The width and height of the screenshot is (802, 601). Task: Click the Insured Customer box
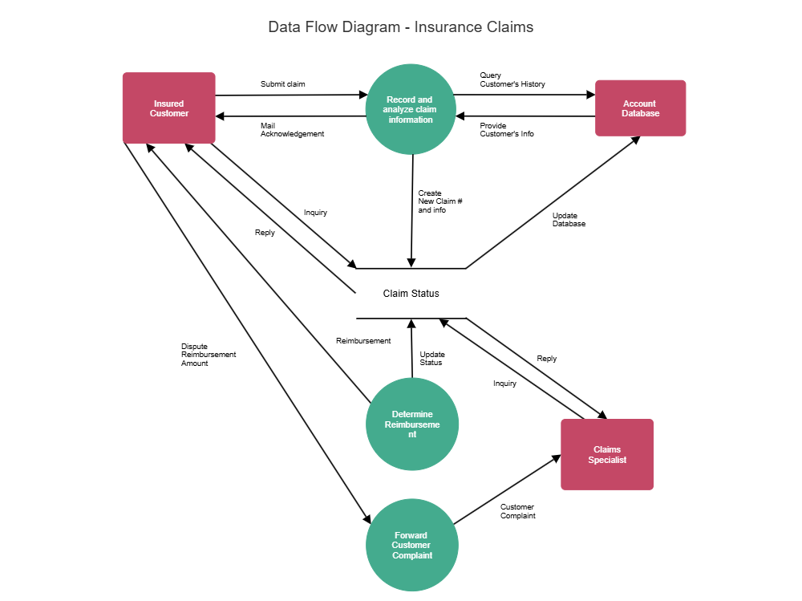(x=168, y=108)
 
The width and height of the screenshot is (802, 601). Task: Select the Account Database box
(x=640, y=108)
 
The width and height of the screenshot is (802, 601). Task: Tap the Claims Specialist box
(x=607, y=454)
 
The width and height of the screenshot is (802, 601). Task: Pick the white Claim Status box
(x=411, y=294)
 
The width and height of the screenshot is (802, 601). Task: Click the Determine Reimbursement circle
(x=412, y=424)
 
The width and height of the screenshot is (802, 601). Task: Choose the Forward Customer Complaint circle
(x=412, y=546)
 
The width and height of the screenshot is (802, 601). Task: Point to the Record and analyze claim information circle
(x=411, y=109)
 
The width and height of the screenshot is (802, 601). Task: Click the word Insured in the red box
(x=168, y=104)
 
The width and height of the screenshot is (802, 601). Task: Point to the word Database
(x=640, y=114)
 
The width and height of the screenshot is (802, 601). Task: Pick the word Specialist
(x=607, y=460)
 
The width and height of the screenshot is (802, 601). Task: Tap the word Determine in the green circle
(x=412, y=414)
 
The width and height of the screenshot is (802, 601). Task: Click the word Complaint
(x=412, y=555)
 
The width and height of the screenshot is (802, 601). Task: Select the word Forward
(x=411, y=535)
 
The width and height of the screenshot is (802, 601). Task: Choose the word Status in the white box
(x=425, y=294)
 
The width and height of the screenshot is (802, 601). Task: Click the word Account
(x=639, y=104)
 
